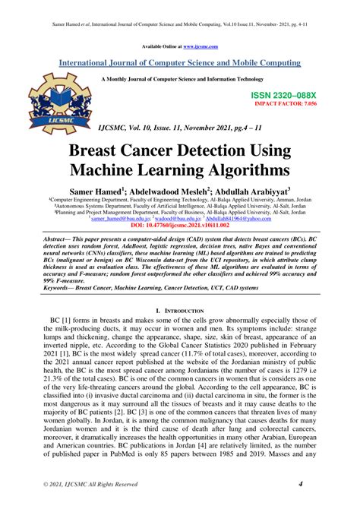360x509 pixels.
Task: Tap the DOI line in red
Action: [x=179, y=225]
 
